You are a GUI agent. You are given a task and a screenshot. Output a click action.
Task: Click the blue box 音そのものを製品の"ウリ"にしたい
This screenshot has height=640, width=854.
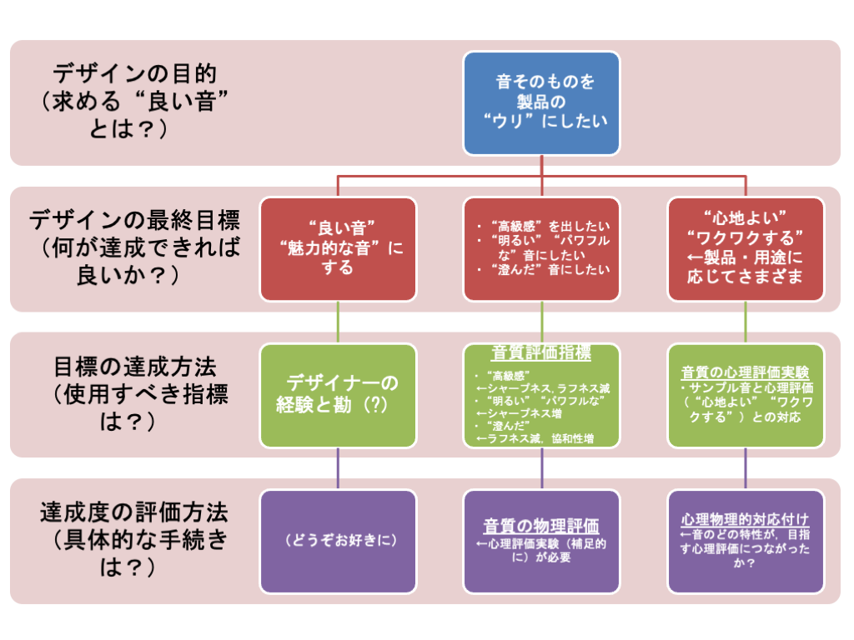pos(541,102)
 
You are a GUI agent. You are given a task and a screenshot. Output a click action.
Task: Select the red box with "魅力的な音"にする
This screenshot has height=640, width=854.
pos(338,248)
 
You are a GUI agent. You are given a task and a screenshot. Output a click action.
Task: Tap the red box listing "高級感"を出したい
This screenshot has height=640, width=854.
pos(541,248)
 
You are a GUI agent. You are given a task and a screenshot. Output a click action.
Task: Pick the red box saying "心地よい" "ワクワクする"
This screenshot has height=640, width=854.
pos(746,248)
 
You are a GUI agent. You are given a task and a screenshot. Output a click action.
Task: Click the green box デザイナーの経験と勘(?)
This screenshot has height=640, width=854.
pos(338,395)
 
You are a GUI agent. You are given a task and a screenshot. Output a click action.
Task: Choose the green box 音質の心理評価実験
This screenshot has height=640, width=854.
pos(746,395)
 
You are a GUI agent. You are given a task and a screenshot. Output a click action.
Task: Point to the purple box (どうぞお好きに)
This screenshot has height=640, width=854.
pos(338,541)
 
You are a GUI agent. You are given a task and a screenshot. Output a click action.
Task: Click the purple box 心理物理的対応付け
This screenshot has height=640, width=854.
pos(746,541)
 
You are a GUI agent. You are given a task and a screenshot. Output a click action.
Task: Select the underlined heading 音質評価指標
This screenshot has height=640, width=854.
pos(541,353)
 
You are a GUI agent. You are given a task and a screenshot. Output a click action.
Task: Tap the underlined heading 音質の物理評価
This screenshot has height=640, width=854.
pos(541,526)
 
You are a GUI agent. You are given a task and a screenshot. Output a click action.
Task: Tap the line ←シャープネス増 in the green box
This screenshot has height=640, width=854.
pos(517,412)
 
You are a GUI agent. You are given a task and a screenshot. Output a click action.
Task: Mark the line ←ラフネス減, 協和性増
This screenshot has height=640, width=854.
pos(535,438)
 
